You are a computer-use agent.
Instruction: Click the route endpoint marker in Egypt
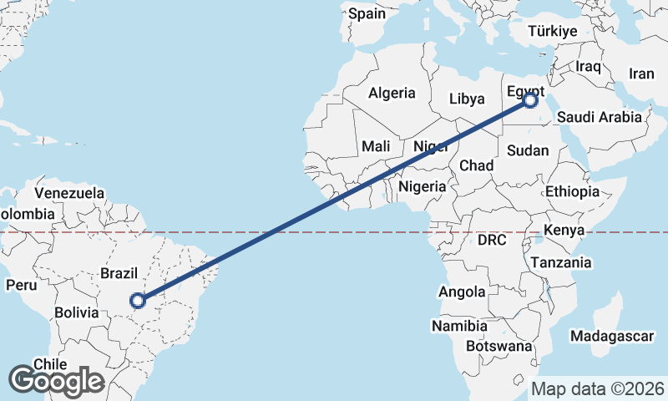530,100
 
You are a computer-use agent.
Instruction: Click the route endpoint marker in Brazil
139,300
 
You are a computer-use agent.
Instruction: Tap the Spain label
367,13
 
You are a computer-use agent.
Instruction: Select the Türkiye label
552,31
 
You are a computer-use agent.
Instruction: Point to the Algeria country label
392,93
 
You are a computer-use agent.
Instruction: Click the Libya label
467,99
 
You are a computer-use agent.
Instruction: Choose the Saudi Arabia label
600,117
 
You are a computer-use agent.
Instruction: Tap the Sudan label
528,150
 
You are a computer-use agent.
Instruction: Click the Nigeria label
422,186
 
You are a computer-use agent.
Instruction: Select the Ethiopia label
572,191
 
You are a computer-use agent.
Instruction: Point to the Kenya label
564,230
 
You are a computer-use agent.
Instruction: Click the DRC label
492,241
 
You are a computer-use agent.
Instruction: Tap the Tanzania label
560,262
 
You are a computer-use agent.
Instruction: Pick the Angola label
462,292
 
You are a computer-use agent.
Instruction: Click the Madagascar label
613,336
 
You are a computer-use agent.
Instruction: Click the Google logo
56,380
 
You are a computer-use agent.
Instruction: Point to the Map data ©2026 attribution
597,388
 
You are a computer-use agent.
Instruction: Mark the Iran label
641,74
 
